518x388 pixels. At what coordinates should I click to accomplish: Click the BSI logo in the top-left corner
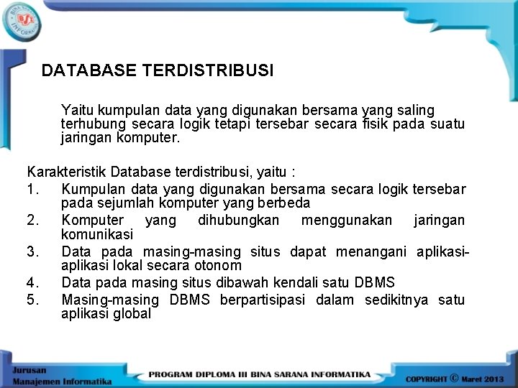22,20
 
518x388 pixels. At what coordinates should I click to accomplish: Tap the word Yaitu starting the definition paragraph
77,110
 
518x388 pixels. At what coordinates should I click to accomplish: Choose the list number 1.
32,189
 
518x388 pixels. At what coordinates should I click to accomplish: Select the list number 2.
32,220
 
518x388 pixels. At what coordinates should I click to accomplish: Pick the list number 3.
32,251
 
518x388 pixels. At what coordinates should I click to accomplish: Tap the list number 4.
32,282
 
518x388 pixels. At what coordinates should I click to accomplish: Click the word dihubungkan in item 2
238,220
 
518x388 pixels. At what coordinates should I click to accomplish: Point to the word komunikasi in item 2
97,234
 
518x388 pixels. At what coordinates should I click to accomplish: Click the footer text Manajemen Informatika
61,379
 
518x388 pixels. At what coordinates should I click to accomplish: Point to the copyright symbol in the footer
454,377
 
